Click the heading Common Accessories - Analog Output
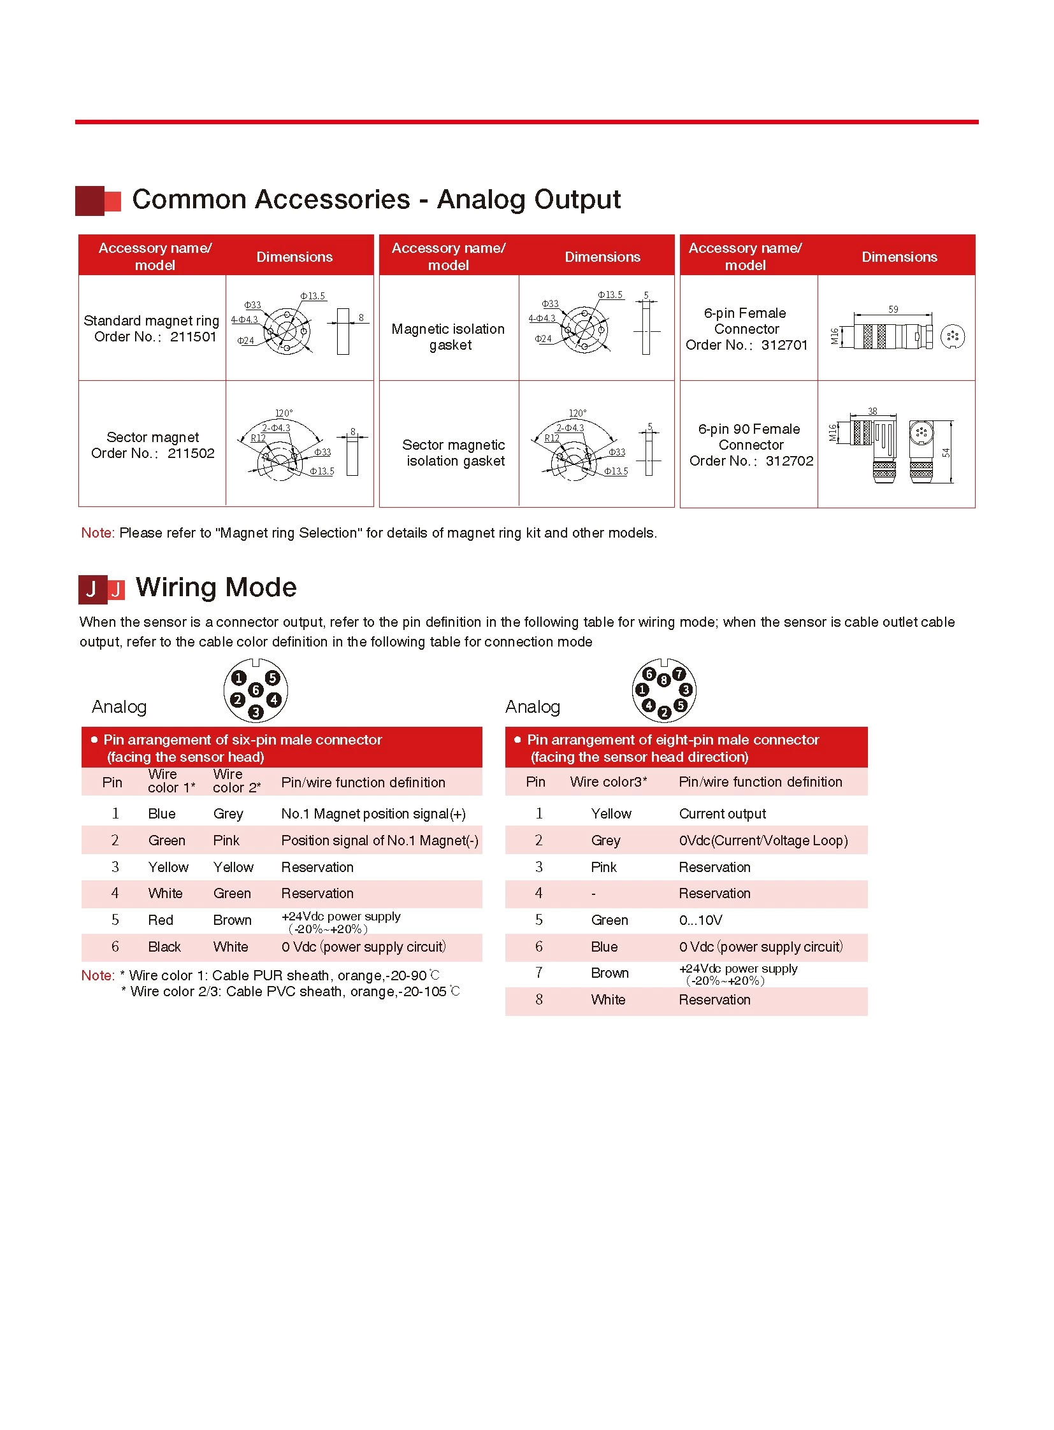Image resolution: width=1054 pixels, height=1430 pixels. (x=376, y=199)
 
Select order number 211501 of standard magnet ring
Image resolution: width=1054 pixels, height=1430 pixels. (x=193, y=337)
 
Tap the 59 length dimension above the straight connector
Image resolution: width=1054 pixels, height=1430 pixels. (x=893, y=310)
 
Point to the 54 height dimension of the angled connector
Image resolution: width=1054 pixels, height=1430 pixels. (x=946, y=453)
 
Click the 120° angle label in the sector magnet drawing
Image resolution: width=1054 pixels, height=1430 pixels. (x=284, y=413)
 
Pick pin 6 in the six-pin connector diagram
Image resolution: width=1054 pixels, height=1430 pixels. (x=256, y=689)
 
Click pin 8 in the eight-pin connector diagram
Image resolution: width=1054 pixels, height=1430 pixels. (x=663, y=680)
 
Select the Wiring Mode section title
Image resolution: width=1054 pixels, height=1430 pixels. (x=215, y=587)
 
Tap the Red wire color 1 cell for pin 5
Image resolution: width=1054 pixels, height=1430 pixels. (x=160, y=920)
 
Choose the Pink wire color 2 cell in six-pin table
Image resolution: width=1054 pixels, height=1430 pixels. (x=226, y=841)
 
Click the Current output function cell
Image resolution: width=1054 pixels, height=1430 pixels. (x=722, y=814)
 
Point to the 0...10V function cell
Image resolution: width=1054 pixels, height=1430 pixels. (x=700, y=920)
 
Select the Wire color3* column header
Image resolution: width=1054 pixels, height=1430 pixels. (x=609, y=782)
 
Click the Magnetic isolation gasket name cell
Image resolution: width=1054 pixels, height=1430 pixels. (x=449, y=337)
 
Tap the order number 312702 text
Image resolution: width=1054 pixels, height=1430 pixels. (x=789, y=461)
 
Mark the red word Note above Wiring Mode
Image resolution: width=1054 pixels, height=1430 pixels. (x=97, y=533)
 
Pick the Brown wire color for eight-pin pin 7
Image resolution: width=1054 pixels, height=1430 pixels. (x=610, y=973)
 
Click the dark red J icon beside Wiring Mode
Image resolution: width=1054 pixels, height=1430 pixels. (x=92, y=589)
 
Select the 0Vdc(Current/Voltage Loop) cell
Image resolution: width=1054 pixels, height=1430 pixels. (x=763, y=841)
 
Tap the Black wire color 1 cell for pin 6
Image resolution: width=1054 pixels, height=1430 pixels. (x=164, y=947)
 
